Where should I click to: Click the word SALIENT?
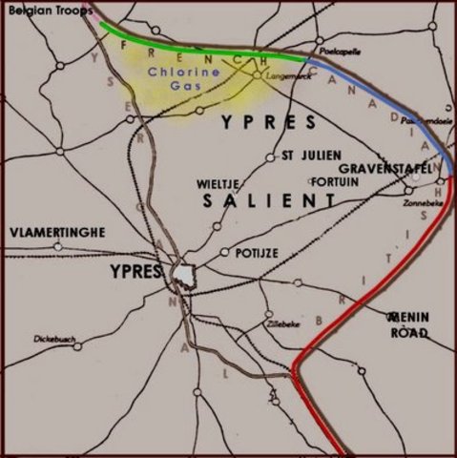(x=270, y=200)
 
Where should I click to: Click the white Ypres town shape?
(x=184, y=274)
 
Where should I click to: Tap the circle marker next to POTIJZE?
(x=224, y=253)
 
